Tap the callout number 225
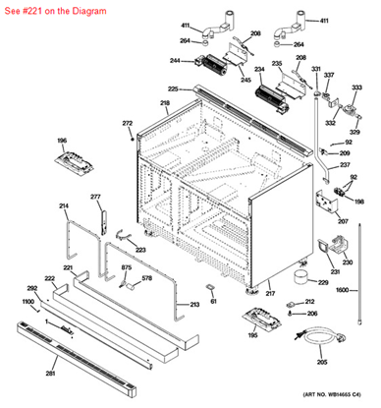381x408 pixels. (172, 89)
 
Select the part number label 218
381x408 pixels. (165, 103)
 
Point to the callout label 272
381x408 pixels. (127, 123)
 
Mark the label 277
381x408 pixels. (96, 198)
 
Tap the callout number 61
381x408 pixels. (213, 302)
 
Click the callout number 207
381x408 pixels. (343, 220)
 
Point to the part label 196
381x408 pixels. (61, 141)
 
